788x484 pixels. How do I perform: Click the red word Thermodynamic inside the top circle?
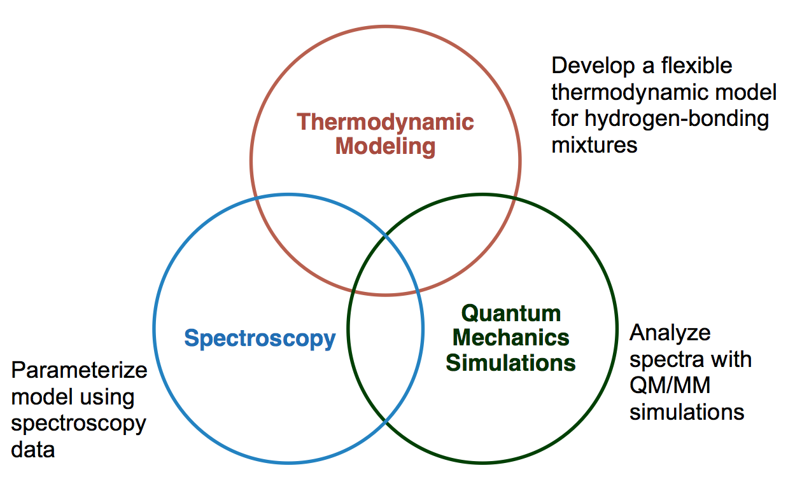tap(385, 121)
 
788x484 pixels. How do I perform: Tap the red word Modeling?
tap(385, 146)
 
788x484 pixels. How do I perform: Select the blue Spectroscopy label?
tap(260, 338)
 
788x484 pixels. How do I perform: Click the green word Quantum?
tap(510, 313)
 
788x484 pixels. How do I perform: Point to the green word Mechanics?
tap(510, 338)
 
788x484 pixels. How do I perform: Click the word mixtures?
tap(594, 145)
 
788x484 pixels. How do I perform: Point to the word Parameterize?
tap(80, 370)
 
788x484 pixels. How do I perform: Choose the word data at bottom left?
tap(33, 449)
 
